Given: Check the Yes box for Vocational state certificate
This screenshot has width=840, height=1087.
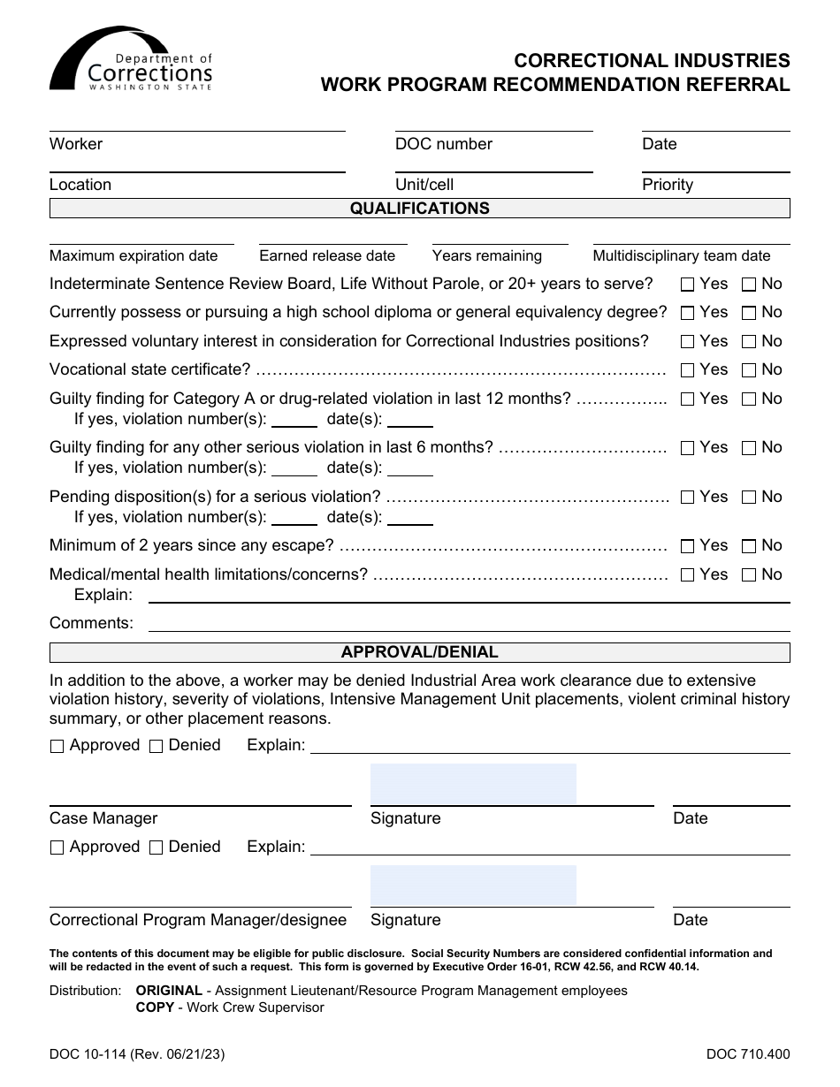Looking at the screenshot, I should click(687, 370).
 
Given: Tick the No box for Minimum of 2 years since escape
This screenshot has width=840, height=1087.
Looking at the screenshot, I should click(749, 546).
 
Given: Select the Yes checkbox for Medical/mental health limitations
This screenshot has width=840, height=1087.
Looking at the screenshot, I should click(687, 575).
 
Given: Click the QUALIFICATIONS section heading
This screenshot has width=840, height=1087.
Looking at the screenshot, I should click(419, 209).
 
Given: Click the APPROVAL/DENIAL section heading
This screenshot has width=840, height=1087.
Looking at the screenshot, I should click(419, 652).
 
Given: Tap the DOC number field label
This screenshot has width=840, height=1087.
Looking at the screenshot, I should click(443, 144).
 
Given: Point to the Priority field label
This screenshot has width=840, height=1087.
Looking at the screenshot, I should click(667, 185).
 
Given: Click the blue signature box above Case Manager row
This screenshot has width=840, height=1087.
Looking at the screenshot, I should click(473, 784).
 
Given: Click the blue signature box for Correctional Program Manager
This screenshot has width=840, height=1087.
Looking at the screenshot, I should click(473, 886).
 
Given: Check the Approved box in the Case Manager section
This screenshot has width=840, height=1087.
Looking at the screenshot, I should click(57, 747).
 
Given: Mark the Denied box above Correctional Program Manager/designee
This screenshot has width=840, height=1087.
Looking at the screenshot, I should click(157, 848).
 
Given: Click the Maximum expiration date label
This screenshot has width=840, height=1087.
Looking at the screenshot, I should click(134, 255).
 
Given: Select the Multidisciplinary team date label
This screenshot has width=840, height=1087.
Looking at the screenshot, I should click(681, 255).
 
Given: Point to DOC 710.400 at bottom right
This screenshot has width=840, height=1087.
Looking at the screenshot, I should click(748, 1053).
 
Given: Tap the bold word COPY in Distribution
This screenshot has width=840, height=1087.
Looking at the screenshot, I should click(154, 1007).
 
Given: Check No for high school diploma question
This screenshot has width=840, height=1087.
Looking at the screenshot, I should click(749, 313).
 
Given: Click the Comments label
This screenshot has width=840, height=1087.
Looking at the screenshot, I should click(91, 623).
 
